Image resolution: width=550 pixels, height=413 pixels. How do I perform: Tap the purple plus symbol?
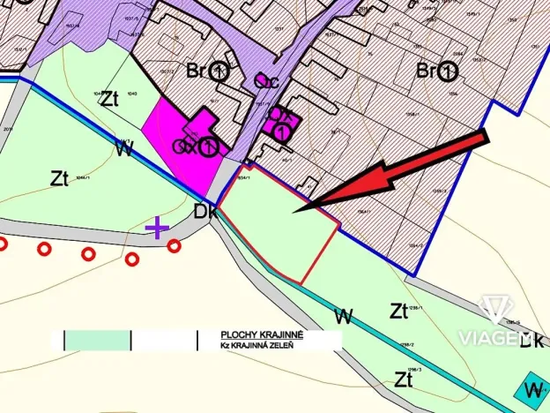click(x=157, y=229)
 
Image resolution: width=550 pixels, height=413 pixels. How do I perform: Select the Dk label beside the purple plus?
click(x=205, y=213)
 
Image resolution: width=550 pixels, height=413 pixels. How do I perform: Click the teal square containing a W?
click(x=531, y=388)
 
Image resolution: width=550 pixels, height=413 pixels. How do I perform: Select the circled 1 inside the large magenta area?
click(x=208, y=146)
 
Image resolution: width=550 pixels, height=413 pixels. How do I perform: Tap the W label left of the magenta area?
click(x=124, y=149)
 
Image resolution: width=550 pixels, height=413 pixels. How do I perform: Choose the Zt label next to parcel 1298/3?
click(x=405, y=379)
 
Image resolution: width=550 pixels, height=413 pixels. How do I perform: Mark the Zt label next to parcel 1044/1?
click(x=59, y=179)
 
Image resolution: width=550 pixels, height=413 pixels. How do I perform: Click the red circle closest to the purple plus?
click(x=174, y=245)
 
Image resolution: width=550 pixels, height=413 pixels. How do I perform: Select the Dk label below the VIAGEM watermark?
click(x=531, y=341)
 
